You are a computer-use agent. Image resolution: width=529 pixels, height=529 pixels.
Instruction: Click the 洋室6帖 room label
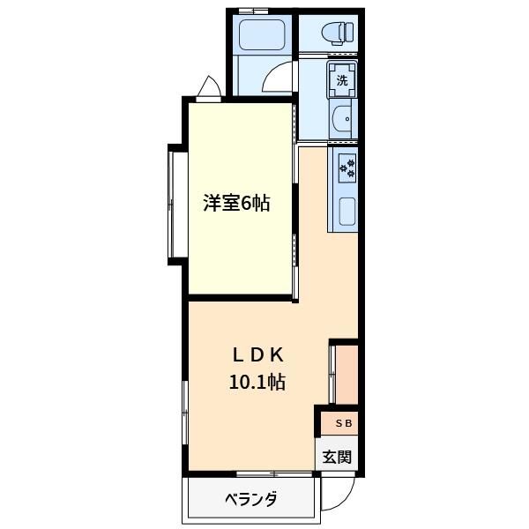pyautogui.click(x=235, y=204)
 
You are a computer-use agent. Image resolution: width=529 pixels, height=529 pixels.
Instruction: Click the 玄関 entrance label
pyautogui.click(x=336, y=457)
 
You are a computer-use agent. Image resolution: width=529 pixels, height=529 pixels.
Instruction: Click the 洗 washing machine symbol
pyautogui.click(x=343, y=80)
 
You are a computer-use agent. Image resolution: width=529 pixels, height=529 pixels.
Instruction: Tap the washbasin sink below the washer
pyautogui.click(x=344, y=117)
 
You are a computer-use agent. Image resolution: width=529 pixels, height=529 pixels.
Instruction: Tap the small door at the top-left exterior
pyautogui.click(x=211, y=87)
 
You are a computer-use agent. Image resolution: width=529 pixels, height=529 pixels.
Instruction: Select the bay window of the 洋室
pyautogui.click(x=175, y=205)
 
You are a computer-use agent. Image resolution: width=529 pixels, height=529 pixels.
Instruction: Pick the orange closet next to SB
pyautogui.click(x=345, y=376)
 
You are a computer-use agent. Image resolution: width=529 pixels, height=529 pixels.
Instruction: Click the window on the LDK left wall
pyautogui.click(x=185, y=414)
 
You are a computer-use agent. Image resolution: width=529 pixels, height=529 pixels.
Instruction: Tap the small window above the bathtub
pyautogui.click(x=253, y=11)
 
